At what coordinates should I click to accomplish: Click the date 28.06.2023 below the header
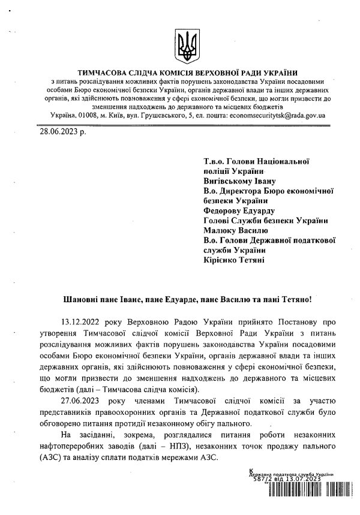(x=63, y=131)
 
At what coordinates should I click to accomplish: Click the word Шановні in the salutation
(x=82, y=298)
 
